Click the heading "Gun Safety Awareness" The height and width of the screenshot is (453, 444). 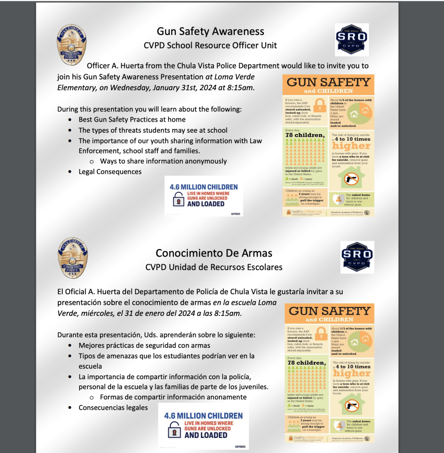click(211, 31)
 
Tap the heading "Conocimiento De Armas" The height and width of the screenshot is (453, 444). click(214, 253)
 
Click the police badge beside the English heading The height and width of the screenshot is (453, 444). click(72, 45)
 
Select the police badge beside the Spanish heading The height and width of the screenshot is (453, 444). click(73, 258)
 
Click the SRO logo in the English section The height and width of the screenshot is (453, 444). click(352, 39)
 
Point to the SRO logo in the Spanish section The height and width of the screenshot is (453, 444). click(357, 257)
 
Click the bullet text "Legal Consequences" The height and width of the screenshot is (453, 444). click(110, 172)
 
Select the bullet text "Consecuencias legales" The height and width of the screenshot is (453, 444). click(113, 407)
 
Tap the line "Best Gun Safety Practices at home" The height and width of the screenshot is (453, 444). click(132, 119)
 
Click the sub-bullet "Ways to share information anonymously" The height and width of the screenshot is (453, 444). click(163, 161)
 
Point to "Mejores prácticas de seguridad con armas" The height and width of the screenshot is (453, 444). click(145, 345)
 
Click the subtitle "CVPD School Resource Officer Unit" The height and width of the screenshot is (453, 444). click(211, 45)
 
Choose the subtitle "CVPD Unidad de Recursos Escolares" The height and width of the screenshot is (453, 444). click(214, 267)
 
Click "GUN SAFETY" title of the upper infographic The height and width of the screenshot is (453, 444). click(329, 82)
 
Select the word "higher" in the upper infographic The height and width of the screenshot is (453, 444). click(352, 146)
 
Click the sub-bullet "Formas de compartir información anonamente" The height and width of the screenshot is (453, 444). click(173, 397)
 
